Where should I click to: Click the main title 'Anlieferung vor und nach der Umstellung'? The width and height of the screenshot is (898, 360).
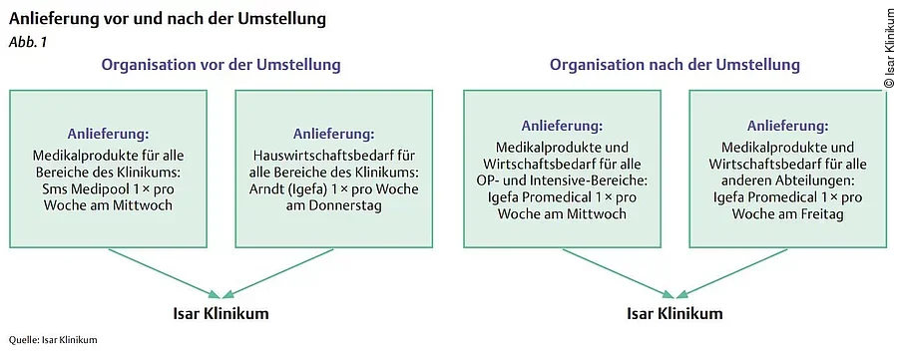pyautogui.click(x=167, y=19)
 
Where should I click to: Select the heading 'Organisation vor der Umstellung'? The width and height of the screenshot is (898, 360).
pyautogui.click(x=220, y=65)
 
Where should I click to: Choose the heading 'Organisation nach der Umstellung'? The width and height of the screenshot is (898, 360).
pyautogui.click(x=674, y=65)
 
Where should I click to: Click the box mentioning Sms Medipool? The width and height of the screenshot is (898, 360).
pyautogui.click(x=109, y=169)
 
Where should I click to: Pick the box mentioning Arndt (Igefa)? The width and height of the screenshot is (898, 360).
pyautogui.click(x=334, y=169)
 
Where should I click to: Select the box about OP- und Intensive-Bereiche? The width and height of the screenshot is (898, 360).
pyautogui.click(x=562, y=169)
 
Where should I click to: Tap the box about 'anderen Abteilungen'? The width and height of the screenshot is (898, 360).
pyautogui.click(x=787, y=169)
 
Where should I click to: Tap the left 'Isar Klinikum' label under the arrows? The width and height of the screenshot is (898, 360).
pyautogui.click(x=221, y=314)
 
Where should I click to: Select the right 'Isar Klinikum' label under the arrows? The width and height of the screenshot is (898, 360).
pyautogui.click(x=674, y=314)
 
